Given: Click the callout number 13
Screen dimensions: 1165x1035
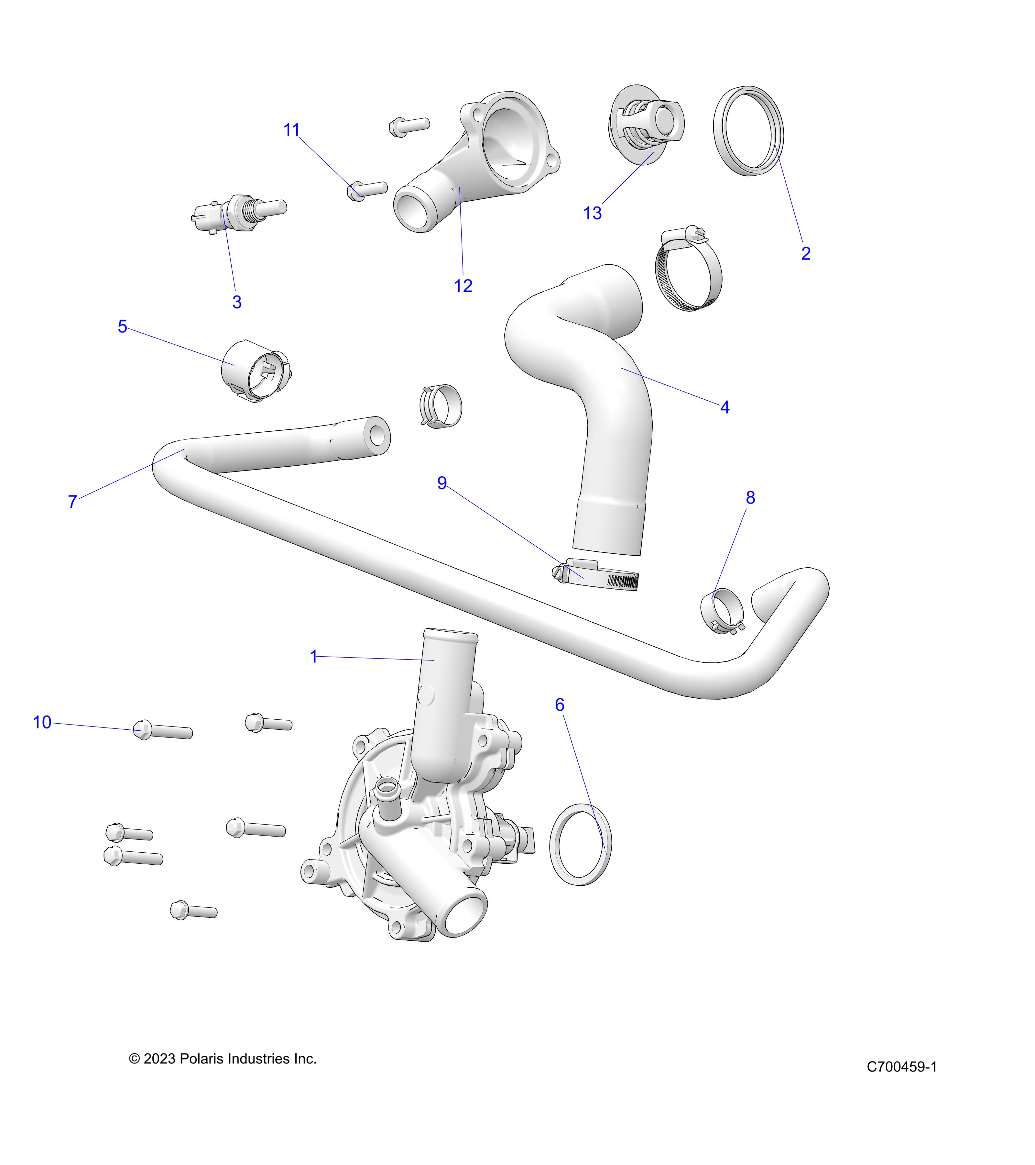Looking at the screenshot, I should click(593, 213).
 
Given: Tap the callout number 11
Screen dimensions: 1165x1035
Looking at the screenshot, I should click(292, 130).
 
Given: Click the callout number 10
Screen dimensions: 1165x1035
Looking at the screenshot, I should click(42, 723).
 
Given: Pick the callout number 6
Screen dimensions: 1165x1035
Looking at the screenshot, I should click(559, 705).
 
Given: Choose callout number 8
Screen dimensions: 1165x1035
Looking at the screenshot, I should click(750, 498).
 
